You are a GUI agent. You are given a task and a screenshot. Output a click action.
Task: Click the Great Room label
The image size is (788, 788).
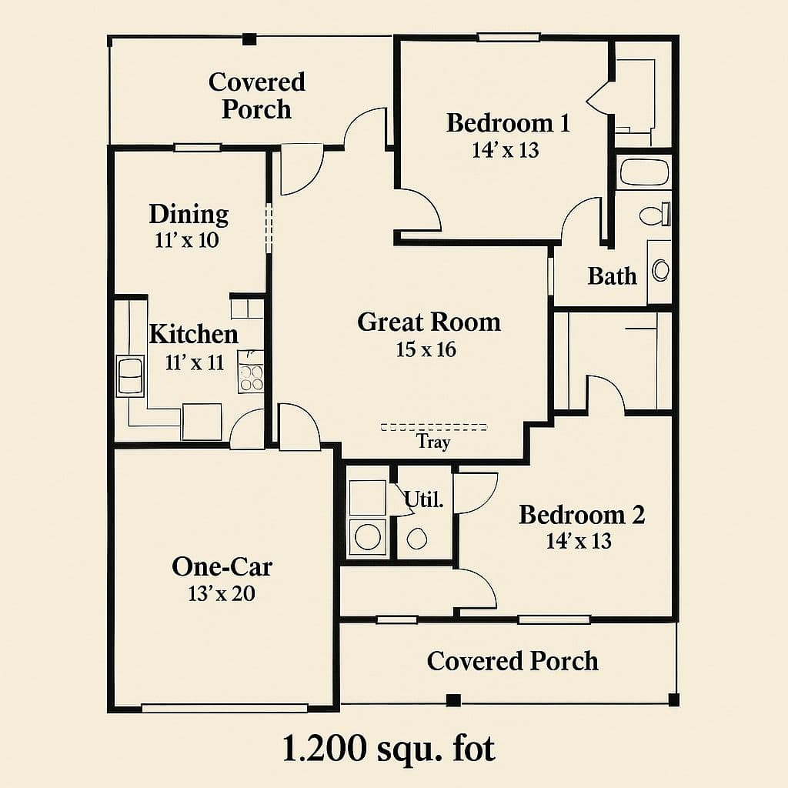(x=429, y=322)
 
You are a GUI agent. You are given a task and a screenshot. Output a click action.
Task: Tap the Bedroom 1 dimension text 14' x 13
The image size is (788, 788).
(x=506, y=150)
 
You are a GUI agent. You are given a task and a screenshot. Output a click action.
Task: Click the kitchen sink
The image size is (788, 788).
(x=130, y=376)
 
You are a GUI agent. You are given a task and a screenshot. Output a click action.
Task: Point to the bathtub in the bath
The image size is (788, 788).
(x=646, y=172)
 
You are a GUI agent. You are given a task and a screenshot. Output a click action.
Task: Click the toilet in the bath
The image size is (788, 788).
(x=655, y=215)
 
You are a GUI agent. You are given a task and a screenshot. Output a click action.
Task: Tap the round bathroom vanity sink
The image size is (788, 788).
(x=660, y=270)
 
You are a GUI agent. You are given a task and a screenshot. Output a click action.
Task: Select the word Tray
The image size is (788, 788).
(x=433, y=442)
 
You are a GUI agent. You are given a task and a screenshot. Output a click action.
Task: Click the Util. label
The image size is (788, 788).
(x=424, y=499)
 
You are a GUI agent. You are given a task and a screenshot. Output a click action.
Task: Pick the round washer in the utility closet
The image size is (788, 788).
(x=368, y=536)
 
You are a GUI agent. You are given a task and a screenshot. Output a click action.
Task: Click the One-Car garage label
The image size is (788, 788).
(x=222, y=566)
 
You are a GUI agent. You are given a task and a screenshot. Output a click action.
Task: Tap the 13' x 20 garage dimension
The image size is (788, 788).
(x=222, y=593)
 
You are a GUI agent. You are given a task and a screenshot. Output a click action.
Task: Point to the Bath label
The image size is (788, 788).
(x=612, y=276)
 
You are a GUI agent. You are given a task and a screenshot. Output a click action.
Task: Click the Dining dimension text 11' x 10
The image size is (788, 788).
(x=187, y=240)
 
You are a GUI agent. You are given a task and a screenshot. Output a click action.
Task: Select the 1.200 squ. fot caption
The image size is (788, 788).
(x=389, y=748)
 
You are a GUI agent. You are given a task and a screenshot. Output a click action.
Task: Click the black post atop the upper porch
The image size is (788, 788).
(x=249, y=39)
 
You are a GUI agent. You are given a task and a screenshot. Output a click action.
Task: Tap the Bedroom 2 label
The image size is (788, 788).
(x=582, y=515)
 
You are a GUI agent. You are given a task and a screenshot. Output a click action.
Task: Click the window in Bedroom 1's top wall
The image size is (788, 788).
(x=509, y=37)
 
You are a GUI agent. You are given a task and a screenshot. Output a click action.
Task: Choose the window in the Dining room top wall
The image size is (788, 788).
(x=198, y=148)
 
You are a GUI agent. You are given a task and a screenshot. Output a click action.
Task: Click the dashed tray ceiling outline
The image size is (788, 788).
(x=434, y=427)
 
